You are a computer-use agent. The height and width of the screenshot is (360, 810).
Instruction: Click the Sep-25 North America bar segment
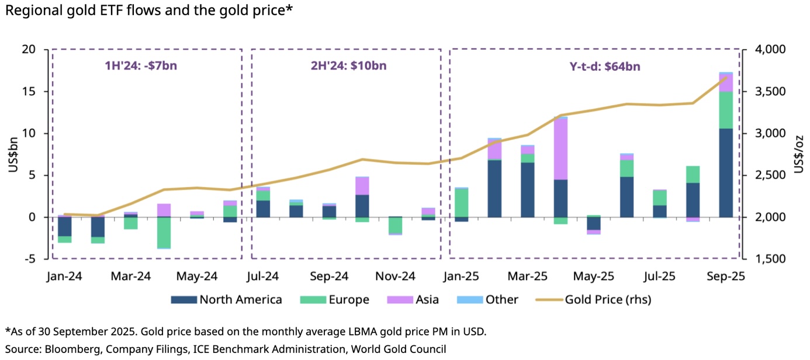(726, 173)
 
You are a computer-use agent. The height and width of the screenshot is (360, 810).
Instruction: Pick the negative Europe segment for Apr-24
(164, 233)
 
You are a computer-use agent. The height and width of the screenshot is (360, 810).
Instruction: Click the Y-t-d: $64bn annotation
(605, 66)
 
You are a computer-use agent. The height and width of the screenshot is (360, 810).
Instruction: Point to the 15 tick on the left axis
(29, 92)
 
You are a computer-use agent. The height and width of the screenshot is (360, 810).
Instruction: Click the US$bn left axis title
(13, 154)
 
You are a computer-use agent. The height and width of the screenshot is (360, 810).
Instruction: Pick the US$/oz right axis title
(799, 154)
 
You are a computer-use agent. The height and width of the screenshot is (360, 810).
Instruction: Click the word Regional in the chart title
(29, 11)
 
